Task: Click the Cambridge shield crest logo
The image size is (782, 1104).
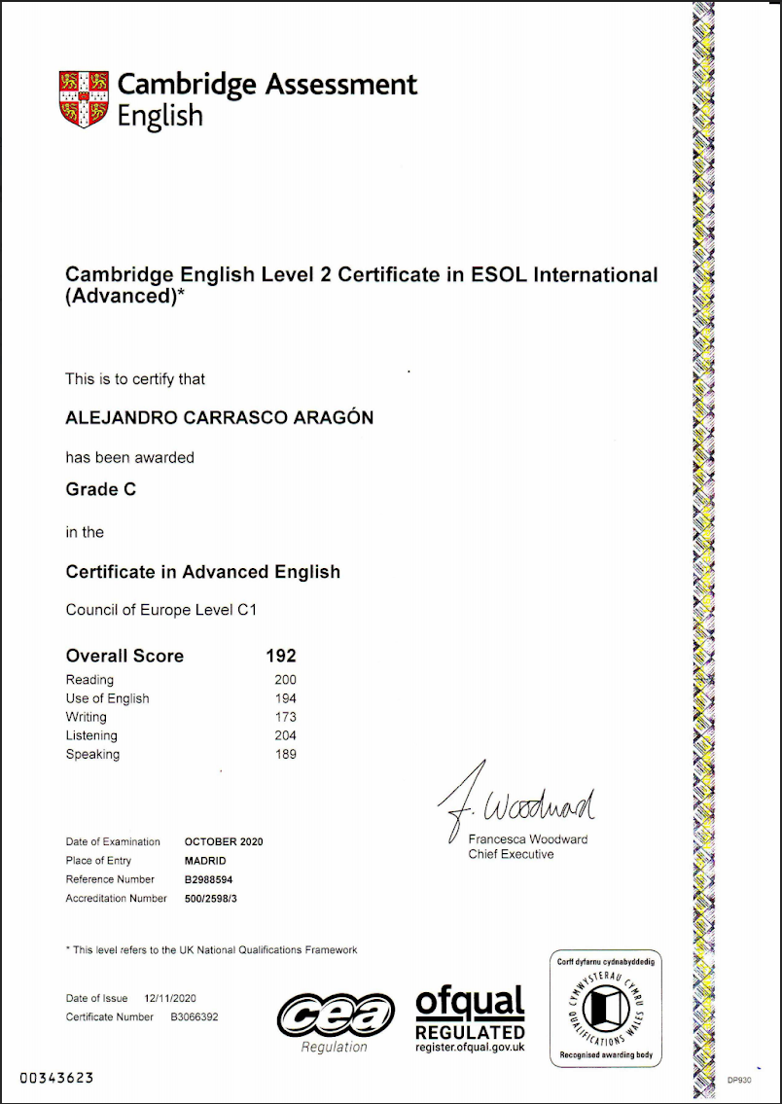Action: (x=85, y=98)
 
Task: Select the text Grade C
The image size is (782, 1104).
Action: (x=100, y=489)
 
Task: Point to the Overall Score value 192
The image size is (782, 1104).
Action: (x=280, y=656)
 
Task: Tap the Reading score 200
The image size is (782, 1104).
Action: (x=285, y=680)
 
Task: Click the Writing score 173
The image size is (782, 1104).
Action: (x=285, y=717)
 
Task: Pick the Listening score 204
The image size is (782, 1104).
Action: (x=285, y=735)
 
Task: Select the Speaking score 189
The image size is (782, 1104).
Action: (x=285, y=754)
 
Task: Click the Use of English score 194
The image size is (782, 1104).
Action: (x=285, y=698)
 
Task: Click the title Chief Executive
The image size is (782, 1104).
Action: (x=511, y=854)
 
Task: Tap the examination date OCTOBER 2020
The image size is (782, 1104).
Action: (x=224, y=841)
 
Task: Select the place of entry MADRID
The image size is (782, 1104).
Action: (x=205, y=861)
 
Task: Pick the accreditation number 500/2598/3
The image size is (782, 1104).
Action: (x=211, y=899)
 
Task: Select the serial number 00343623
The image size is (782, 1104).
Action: (x=57, y=1079)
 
